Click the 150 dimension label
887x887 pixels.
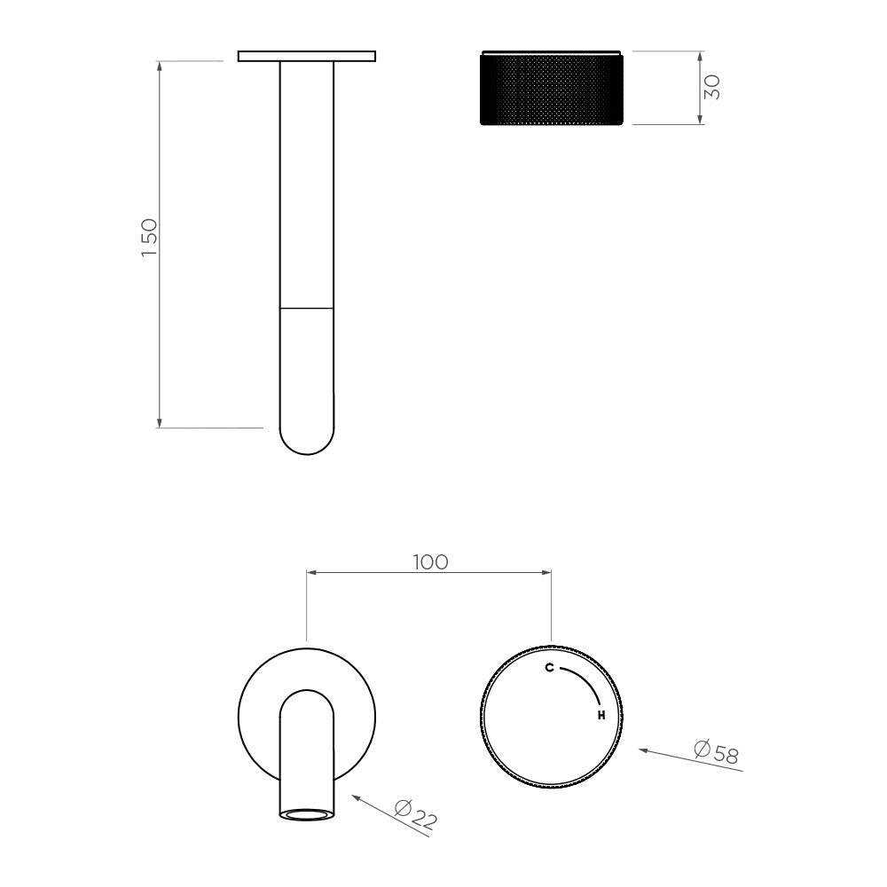pyautogui.click(x=149, y=237)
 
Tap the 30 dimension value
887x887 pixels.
pyautogui.click(x=712, y=87)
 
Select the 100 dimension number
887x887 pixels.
pyautogui.click(x=430, y=562)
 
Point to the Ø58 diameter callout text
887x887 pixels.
pyautogui.click(x=716, y=752)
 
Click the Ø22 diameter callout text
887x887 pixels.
pyautogui.click(x=416, y=814)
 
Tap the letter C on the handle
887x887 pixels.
pyautogui.click(x=549, y=668)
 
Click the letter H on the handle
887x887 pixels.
pyautogui.click(x=601, y=716)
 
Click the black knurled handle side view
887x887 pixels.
pyautogui.click(x=552, y=88)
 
